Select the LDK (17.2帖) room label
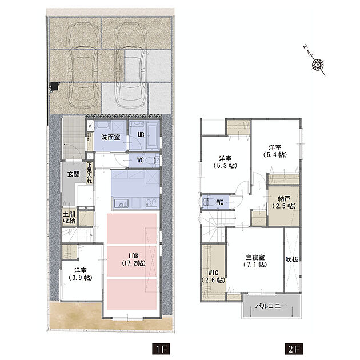click(x=133, y=259)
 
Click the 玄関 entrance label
click(x=74, y=174)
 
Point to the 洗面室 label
click(x=111, y=138)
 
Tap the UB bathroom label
click(x=141, y=134)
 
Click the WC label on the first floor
click(x=140, y=160)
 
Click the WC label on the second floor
click(x=220, y=202)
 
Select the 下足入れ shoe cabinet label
click(x=89, y=173)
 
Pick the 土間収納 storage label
click(x=69, y=217)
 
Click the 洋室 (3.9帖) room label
click(x=81, y=274)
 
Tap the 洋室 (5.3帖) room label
click(x=225, y=162)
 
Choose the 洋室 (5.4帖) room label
click(x=275, y=151)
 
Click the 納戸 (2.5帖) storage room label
click(x=284, y=202)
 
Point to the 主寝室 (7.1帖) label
click(x=255, y=261)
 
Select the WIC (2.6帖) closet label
click(x=213, y=277)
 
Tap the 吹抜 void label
click(x=292, y=259)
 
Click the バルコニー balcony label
click(x=271, y=306)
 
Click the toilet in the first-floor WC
click(x=151, y=160)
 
